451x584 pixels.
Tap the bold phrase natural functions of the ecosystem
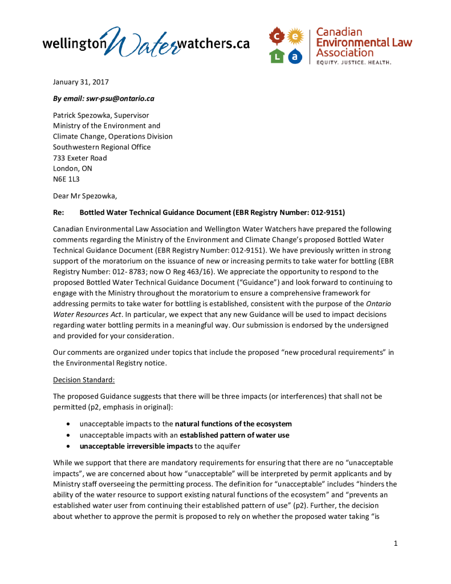point(233,424)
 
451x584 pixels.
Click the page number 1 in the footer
point(395,543)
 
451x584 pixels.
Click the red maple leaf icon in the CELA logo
point(277,37)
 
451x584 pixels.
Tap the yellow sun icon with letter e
point(295,36)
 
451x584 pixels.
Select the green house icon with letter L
point(277,55)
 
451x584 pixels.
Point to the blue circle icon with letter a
point(295,55)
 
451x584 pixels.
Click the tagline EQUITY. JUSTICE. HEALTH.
point(354,62)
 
